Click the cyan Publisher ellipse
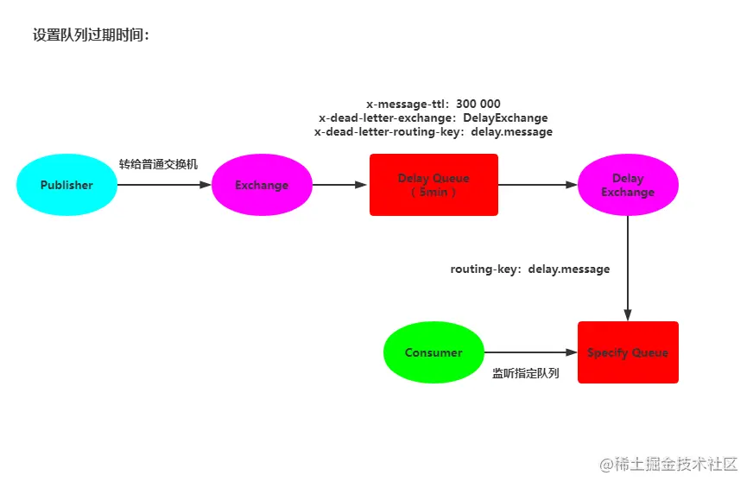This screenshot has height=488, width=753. [x=66, y=185]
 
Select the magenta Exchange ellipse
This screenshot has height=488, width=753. [x=262, y=185]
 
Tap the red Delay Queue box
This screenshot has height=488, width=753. [x=433, y=184]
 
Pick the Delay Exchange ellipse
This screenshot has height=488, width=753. [x=628, y=185]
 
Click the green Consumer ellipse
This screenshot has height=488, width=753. [x=433, y=352]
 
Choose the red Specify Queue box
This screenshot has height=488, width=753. [x=628, y=352]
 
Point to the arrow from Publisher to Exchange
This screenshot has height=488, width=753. [x=164, y=185]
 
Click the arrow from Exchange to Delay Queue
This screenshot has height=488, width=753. [x=339, y=185]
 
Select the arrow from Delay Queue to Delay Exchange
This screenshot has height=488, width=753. [x=537, y=185]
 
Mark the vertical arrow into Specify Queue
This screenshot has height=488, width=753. [x=628, y=268]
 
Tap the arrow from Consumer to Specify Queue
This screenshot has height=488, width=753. [x=530, y=352]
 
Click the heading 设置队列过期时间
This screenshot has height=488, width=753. [x=91, y=35]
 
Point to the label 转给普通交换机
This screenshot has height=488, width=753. [x=158, y=164]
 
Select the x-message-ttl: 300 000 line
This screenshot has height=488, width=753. [x=433, y=104]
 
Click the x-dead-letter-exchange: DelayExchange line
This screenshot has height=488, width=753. [x=433, y=117]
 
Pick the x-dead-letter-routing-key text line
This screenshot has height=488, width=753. [x=433, y=132]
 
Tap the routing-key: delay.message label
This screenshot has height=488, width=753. [x=529, y=269]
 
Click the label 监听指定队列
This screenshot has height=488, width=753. [x=525, y=373]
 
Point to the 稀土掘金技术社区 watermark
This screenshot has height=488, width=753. [x=668, y=464]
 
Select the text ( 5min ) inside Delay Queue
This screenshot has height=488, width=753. [x=433, y=192]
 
